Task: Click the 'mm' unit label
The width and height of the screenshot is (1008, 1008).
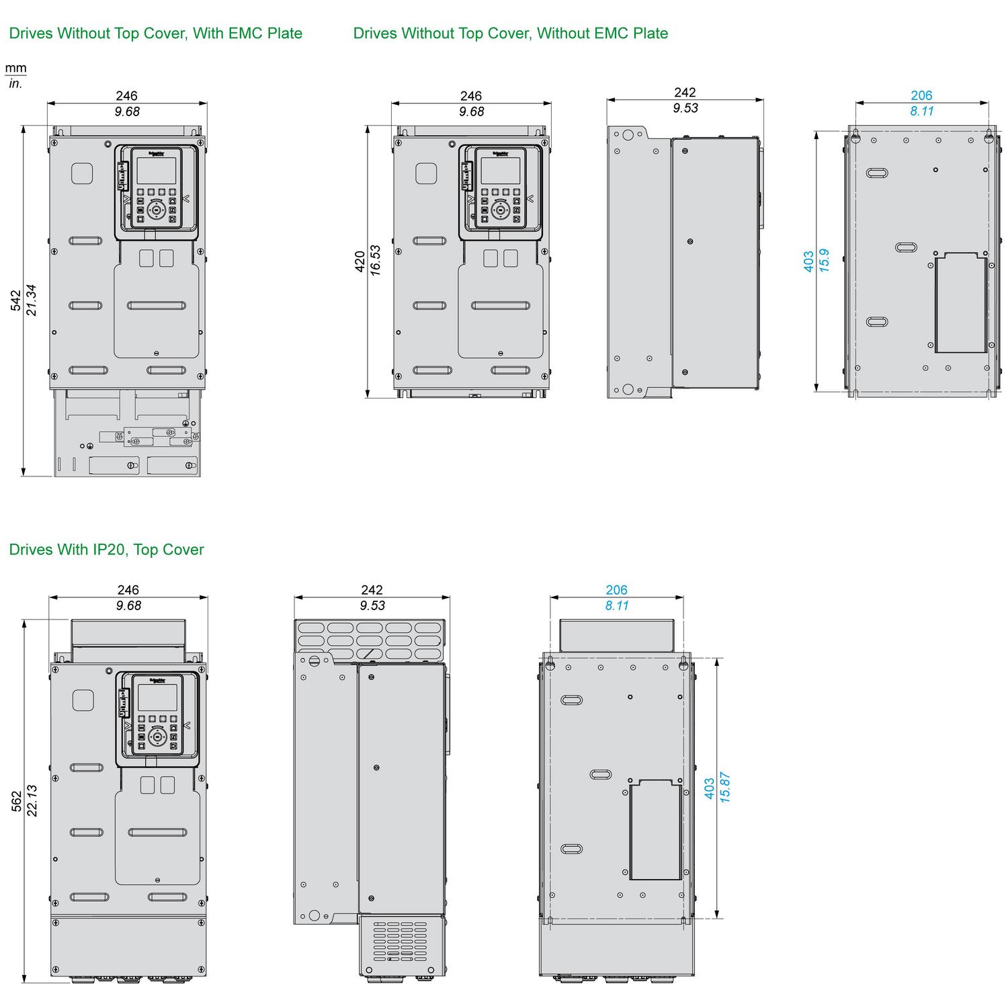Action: click(15, 68)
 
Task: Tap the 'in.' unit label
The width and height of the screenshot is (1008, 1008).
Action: click(15, 84)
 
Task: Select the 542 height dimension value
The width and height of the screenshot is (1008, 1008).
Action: click(15, 300)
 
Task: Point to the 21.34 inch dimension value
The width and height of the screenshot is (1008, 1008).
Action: click(32, 300)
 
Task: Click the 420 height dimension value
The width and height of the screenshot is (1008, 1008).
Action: click(360, 261)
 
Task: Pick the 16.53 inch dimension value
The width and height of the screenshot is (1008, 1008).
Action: click(376, 261)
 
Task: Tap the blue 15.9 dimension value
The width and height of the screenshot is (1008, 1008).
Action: click(825, 261)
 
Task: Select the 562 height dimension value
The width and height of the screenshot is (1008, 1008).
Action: click(16, 801)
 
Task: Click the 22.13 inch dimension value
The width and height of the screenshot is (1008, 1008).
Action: click(32, 801)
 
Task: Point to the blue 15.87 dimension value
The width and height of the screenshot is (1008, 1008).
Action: click(725, 788)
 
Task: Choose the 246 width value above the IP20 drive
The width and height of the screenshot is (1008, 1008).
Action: click(128, 589)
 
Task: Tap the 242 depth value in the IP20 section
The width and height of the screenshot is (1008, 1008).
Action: click(372, 589)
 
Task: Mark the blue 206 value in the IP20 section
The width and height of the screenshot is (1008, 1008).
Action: click(616, 589)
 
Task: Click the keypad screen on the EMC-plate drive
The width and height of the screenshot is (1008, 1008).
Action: click(157, 171)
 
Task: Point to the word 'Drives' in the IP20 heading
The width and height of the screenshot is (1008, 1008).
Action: click(31, 550)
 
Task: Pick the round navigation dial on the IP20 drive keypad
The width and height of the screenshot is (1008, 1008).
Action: click(157, 737)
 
